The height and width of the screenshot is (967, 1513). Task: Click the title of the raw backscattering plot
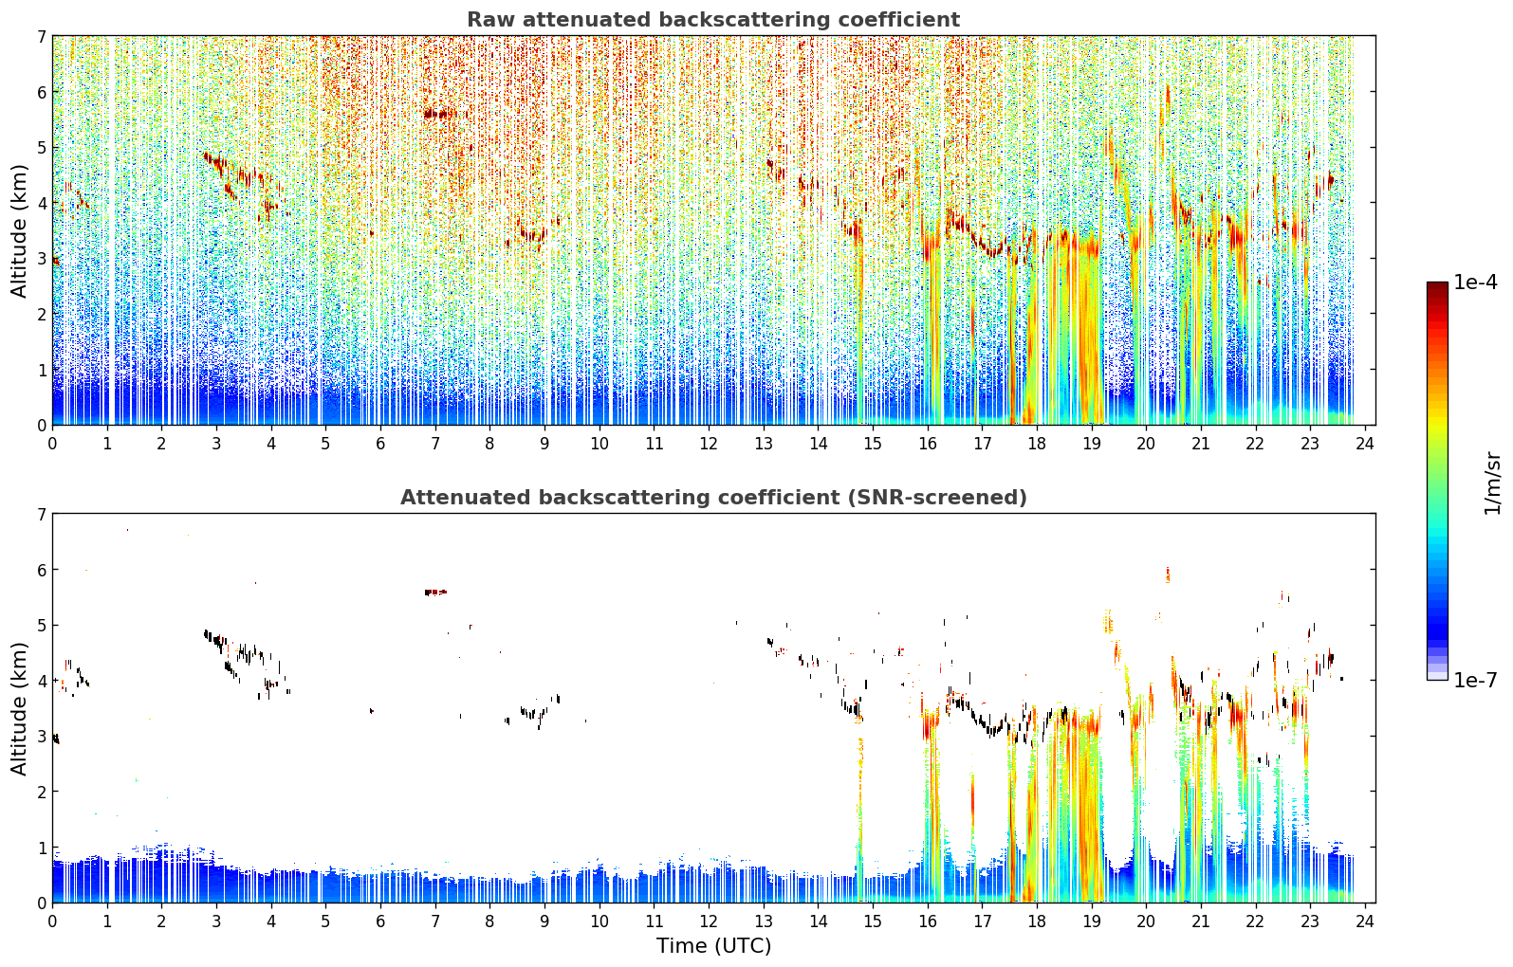(713, 20)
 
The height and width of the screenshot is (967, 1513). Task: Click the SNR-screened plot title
(713, 497)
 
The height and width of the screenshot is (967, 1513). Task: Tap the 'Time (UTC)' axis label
(713, 945)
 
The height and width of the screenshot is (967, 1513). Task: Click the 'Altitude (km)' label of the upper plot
(19, 231)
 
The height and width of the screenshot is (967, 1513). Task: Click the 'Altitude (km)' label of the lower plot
(19, 708)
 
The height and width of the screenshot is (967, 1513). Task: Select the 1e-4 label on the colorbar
(1476, 283)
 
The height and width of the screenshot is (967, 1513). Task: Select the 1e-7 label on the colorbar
(1476, 680)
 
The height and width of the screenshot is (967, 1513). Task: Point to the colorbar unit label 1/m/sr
(1492, 483)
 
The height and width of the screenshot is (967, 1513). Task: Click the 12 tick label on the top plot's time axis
(709, 444)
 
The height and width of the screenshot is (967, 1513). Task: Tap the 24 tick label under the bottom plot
(1365, 921)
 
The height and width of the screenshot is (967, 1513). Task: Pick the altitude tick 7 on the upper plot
(41, 36)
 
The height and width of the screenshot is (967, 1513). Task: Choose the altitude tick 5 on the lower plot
(41, 626)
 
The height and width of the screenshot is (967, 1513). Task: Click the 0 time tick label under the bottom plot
(53, 921)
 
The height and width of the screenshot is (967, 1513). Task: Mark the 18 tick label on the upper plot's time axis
(1037, 444)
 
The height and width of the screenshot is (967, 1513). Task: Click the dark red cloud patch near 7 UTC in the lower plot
(435, 593)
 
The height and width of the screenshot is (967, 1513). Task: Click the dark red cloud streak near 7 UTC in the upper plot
(439, 114)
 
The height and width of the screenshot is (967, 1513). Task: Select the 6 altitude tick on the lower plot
(41, 570)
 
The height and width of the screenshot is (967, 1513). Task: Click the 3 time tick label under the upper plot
(217, 444)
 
